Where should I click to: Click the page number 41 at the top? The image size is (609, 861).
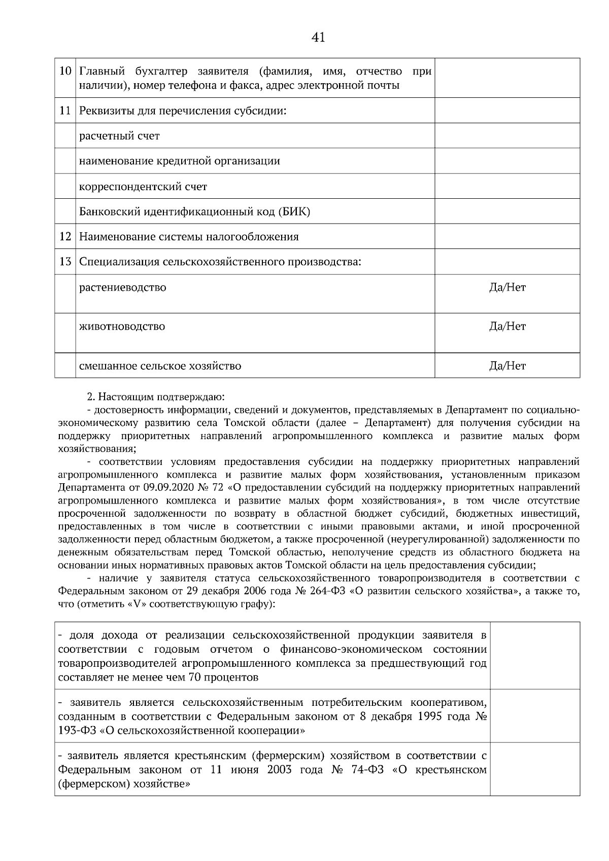(x=319, y=37)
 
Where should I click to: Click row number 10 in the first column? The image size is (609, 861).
(x=65, y=71)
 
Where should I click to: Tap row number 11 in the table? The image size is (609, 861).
(x=65, y=111)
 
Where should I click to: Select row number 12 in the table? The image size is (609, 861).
(x=65, y=237)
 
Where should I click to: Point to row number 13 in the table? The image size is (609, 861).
(x=65, y=262)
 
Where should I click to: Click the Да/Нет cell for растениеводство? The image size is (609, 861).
(x=507, y=288)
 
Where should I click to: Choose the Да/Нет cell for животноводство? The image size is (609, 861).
(x=507, y=327)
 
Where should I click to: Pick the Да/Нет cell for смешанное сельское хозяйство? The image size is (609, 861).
(x=507, y=366)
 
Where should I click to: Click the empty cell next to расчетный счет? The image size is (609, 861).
(x=507, y=136)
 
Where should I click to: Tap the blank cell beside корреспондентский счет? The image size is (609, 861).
(x=507, y=187)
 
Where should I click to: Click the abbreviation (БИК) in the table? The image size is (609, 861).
(x=294, y=212)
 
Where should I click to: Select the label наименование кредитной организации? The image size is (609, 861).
(x=180, y=161)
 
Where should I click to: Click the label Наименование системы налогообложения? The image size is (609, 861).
(x=189, y=237)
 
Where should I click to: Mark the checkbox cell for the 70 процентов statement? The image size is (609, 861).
(x=535, y=656)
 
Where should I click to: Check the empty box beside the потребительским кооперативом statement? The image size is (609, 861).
(x=535, y=716)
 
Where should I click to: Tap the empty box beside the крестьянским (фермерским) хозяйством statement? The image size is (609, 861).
(x=535, y=769)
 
